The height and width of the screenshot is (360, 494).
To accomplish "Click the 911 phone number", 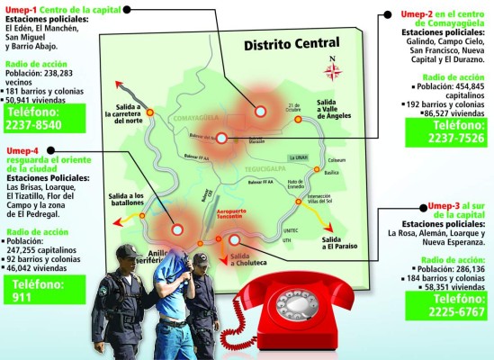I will [22, 294].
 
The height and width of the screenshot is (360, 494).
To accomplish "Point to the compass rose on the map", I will [333, 70].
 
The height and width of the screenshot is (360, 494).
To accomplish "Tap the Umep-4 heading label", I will [22, 149].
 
